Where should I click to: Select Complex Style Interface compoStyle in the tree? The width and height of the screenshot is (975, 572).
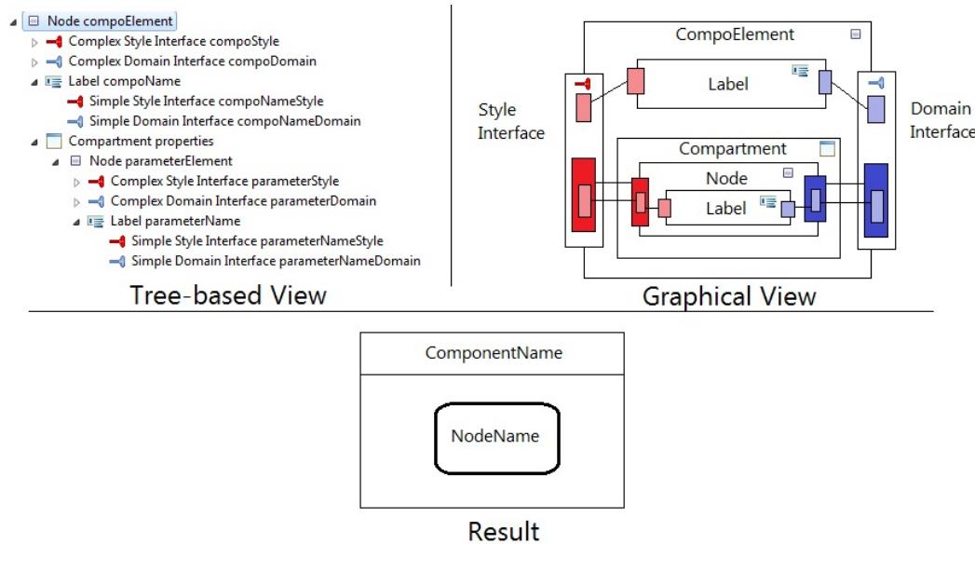tap(173, 41)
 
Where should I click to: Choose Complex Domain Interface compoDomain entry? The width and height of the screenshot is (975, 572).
tap(192, 61)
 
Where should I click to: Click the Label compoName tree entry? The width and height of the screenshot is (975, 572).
tap(124, 81)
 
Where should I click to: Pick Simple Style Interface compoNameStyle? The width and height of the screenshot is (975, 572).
tap(206, 101)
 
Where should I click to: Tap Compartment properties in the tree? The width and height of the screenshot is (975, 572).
tap(141, 141)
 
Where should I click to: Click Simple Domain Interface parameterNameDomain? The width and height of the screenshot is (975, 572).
tap(276, 261)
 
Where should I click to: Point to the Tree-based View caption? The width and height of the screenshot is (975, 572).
tap(228, 295)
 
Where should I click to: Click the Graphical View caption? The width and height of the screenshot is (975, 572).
tap(729, 296)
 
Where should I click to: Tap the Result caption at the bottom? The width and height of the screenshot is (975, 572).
tap(503, 532)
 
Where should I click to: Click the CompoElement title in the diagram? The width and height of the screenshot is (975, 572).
tap(735, 34)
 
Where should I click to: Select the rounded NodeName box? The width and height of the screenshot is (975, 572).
tap(496, 437)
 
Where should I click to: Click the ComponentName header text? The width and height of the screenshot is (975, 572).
tap(494, 353)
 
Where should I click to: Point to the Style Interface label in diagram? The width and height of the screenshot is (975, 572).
tap(510, 121)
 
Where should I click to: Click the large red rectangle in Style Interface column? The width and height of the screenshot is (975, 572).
tap(584, 195)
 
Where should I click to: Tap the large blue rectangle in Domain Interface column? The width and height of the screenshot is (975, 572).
tap(875, 199)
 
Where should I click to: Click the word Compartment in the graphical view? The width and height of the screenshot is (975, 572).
tap(732, 149)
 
